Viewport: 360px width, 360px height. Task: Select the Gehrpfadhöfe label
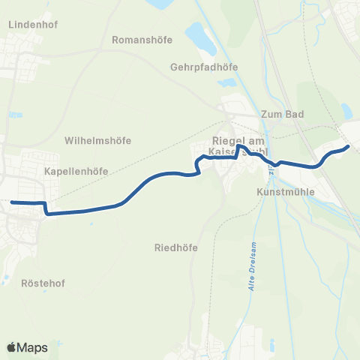click(204, 66)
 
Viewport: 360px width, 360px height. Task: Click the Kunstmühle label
click(284, 192)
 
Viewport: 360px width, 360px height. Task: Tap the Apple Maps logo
click(27, 347)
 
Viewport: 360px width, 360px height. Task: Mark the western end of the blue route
click(12, 201)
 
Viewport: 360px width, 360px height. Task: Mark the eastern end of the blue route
click(348, 147)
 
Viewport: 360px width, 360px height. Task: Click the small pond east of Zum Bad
click(346, 111)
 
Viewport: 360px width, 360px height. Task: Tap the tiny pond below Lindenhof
click(16, 114)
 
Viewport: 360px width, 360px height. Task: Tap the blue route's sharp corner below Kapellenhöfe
click(47, 212)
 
